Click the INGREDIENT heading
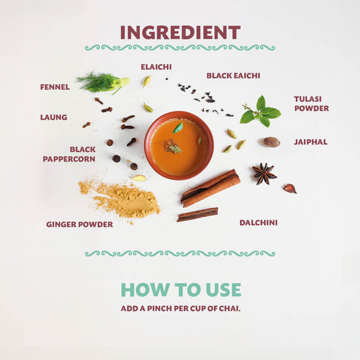[180, 32]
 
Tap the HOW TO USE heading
[181, 290]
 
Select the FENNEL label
[55, 87]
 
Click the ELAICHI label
[156, 67]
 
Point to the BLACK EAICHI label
[233, 76]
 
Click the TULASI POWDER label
[311, 103]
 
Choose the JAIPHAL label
[311, 142]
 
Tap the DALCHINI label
[259, 222]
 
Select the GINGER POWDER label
[80, 224]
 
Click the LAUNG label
[54, 118]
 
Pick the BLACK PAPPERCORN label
[69, 154]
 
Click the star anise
[264, 174]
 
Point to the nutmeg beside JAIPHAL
[272, 142]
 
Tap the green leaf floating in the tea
[178, 128]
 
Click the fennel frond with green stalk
[103, 82]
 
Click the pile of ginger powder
[121, 199]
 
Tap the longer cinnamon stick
[210, 188]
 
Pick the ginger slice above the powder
[138, 178]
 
